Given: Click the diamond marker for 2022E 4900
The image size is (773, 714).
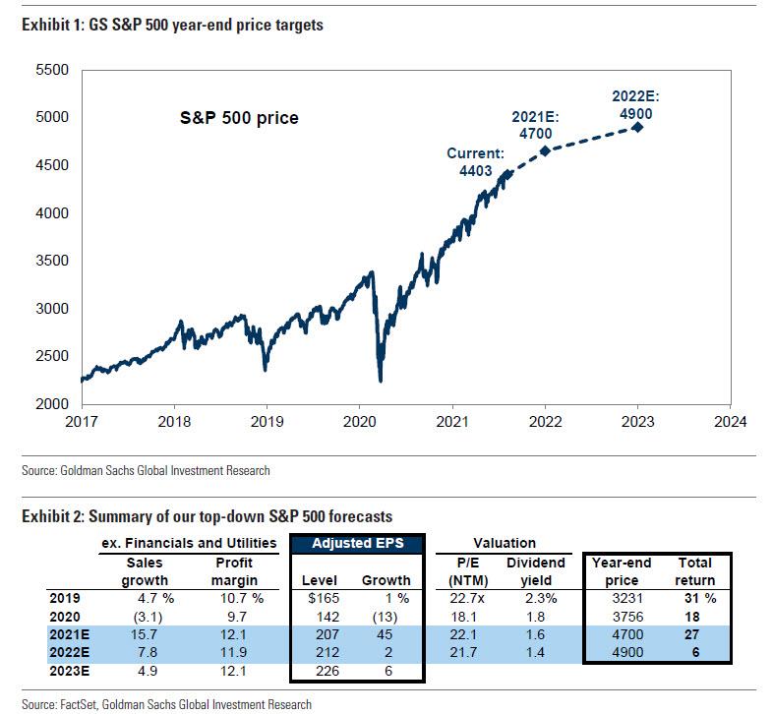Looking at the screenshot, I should tap(637, 127).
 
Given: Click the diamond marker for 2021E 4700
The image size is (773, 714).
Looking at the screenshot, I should tap(544, 149).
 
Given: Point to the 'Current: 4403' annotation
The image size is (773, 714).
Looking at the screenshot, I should tap(475, 161).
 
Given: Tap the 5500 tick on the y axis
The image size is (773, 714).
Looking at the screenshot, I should tap(51, 70).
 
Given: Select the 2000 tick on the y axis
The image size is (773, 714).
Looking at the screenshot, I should tap(51, 404).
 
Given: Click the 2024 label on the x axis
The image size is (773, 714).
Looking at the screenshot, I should tap(729, 422).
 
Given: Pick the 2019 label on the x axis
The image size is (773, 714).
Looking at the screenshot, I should tap(267, 422).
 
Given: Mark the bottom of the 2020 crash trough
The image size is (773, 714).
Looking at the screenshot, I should tap(380, 381).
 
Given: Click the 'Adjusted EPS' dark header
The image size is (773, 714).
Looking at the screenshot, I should tap(357, 543).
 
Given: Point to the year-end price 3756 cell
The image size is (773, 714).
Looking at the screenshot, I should tap(620, 616).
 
